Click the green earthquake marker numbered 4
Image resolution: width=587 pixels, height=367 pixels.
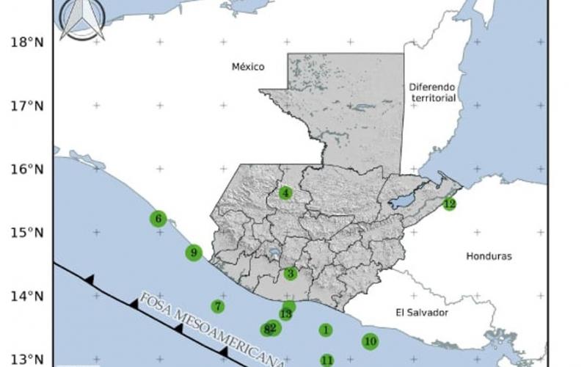pos(285,193)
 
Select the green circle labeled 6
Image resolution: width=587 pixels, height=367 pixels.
pos(158,218)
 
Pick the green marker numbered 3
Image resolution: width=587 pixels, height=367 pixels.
pos(291,274)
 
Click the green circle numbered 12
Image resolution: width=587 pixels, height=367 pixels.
pos(449,203)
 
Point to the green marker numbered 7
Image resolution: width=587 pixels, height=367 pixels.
pos(217,306)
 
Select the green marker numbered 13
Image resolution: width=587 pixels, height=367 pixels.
pos(286,313)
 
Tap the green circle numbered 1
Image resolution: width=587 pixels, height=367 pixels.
pos(325,330)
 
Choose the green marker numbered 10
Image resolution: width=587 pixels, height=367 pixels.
pos(370,341)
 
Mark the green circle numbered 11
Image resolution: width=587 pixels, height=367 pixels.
pos(327,360)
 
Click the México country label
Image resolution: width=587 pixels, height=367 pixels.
pos(247,67)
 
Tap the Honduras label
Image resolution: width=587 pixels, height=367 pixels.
pos(489,256)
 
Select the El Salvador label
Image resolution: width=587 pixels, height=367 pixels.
pos(421,312)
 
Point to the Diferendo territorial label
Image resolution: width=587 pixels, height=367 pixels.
pos(433,92)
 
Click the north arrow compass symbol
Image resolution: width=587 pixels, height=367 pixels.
pos(81,18)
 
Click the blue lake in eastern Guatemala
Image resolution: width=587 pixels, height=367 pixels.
pos(404,200)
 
